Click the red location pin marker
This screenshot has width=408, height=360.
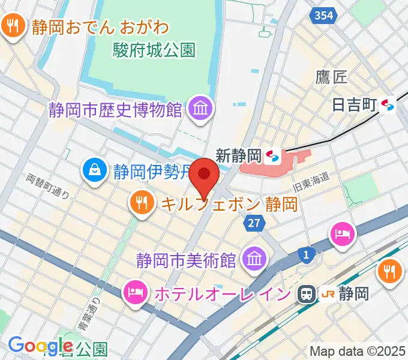(x=205, y=178)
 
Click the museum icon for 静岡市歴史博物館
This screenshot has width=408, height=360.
(x=197, y=109)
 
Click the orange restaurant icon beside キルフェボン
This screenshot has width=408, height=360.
(x=142, y=203)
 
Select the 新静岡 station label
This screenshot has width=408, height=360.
(x=238, y=156)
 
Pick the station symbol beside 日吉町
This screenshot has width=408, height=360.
(x=388, y=106)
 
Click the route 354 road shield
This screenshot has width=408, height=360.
(x=323, y=16)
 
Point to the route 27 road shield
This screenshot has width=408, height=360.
(x=254, y=223)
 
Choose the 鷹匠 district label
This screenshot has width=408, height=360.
(x=332, y=77)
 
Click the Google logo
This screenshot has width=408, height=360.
(x=40, y=346)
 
